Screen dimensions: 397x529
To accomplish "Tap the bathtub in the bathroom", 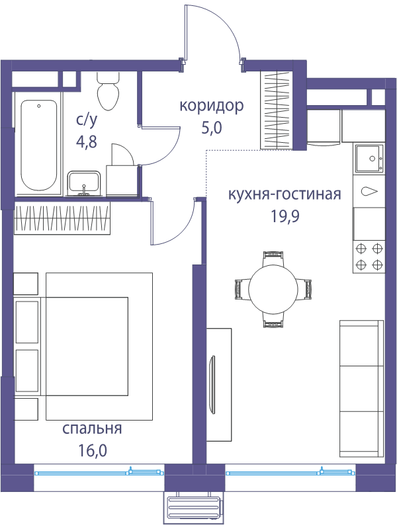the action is (38, 145).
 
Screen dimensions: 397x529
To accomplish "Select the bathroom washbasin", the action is (84, 184).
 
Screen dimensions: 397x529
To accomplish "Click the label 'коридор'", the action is (212, 106).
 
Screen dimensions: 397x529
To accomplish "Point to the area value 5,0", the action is (212, 128).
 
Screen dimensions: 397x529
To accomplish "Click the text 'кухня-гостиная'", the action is (285, 194).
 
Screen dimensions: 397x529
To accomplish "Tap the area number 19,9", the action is (285, 216).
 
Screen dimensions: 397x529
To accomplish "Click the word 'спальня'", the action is (92, 428).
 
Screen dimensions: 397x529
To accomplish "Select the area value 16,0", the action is (92, 450).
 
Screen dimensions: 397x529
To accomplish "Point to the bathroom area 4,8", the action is (87, 142).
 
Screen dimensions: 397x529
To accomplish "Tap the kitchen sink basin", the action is (369, 158).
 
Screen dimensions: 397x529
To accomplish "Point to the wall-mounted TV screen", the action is (212, 385).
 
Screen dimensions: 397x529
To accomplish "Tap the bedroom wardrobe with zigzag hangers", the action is (62, 218).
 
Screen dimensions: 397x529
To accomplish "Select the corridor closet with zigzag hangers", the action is (276, 110).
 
